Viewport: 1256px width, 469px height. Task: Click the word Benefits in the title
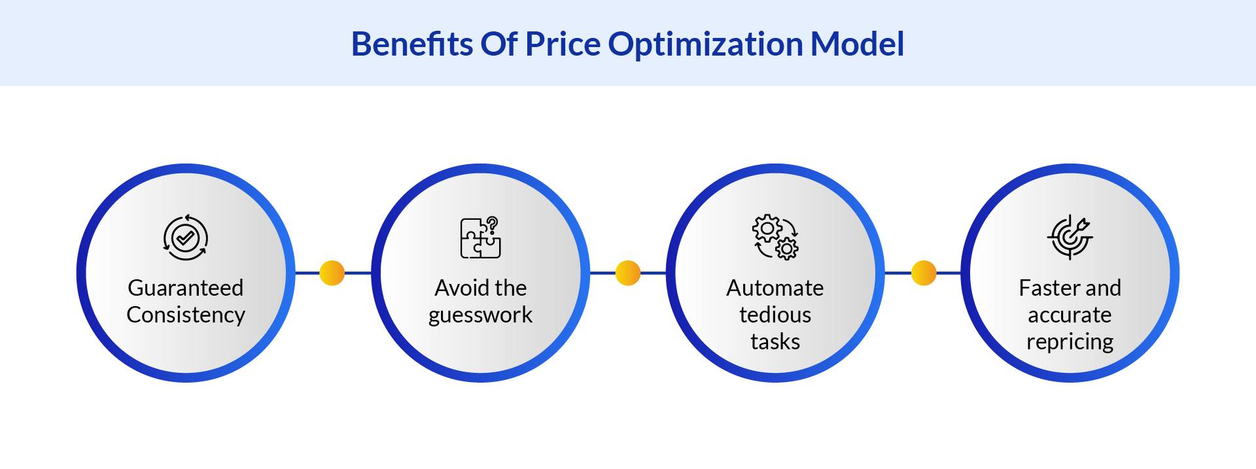point(411,44)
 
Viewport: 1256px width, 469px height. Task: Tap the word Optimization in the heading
point(705,44)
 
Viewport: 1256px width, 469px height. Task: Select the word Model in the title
point(857,44)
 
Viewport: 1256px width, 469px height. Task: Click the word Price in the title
point(563,44)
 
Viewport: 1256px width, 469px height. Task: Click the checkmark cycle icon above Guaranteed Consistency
point(186,237)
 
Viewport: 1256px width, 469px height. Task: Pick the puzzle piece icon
point(480,238)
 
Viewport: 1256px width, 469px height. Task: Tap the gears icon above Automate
point(775,237)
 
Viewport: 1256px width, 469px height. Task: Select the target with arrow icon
point(1070,237)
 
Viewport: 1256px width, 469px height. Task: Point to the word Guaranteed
point(186,288)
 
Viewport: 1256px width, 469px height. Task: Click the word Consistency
point(186,315)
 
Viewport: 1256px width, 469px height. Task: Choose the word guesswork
point(480,315)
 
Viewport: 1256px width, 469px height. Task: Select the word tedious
point(775,315)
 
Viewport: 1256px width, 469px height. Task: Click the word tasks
point(775,341)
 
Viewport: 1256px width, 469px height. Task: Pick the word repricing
point(1070,341)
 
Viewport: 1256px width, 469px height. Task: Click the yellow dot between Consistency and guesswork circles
point(332,273)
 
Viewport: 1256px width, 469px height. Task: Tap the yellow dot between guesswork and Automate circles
point(628,273)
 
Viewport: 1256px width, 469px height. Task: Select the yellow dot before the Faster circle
point(924,273)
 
